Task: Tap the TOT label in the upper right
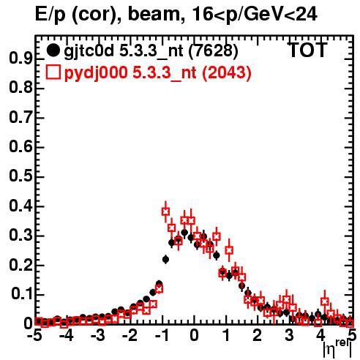tap(307, 50)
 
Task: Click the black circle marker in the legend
tap(53, 50)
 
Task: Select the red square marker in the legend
tap(53, 72)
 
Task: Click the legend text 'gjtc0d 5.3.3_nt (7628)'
tap(151, 51)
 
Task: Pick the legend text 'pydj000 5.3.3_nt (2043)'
tap(158, 73)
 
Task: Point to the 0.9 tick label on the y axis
tap(20, 59)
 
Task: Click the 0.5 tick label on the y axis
tap(20, 176)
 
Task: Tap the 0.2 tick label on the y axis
tap(20, 265)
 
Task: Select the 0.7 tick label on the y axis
tap(20, 118)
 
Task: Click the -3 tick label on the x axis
tap(98, 336)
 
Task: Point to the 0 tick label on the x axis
tap(194, 336)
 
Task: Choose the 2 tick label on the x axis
tap(258, 336)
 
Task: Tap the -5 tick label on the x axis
tap(35, 336)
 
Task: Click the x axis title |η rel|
tap(337, 348)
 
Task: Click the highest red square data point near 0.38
tap(165, 211)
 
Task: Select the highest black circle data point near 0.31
tap(184, 233)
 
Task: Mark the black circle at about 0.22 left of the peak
tap(165, 259)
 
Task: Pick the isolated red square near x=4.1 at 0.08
tap(325, 301)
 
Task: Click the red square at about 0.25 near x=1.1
tap(229, 250)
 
